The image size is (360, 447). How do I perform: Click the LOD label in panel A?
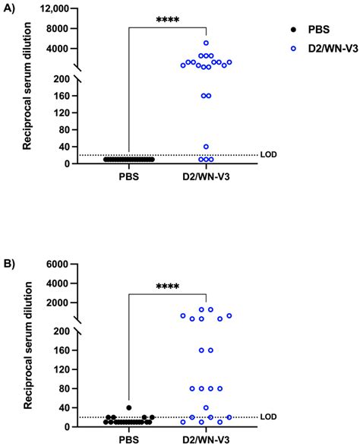coord(268,154)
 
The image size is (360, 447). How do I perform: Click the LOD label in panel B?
coord(268,417)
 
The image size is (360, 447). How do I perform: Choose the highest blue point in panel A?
coord(206,43)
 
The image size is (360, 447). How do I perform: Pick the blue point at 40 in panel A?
coord(206,147)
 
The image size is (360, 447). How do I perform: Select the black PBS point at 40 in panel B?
coord(129,407)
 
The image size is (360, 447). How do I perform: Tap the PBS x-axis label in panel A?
coord(129,177)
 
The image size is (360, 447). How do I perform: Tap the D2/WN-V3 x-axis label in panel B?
coord(206,440)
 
